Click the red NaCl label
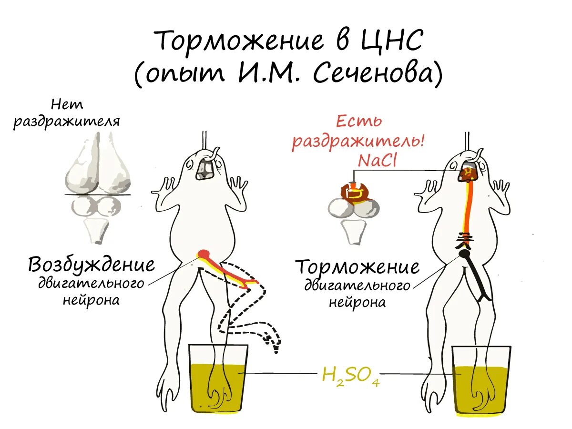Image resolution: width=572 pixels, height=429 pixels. (x=378, y=161)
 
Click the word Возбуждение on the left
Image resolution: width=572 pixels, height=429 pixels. (x=92, y=265)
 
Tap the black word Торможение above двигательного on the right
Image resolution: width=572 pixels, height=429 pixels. (x=357, y=267)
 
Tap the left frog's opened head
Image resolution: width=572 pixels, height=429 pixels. (x=205, y=168)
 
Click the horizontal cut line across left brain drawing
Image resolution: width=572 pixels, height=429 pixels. (x=98, y=194)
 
